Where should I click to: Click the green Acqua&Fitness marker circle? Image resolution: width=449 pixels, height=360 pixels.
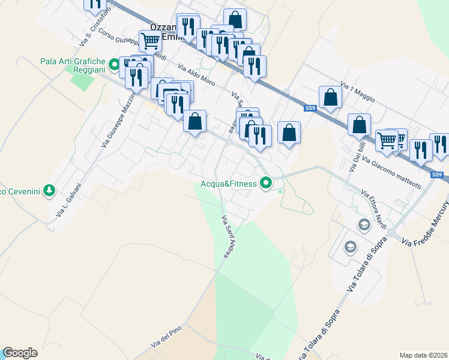(x=265, y=184)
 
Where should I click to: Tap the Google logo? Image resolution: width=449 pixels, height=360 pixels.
(x=20, y=353)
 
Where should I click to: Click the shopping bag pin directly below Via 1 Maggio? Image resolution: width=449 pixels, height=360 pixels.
(x=330, y=97)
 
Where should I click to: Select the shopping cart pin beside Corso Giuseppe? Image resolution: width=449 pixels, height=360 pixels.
(x=150, y=41)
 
